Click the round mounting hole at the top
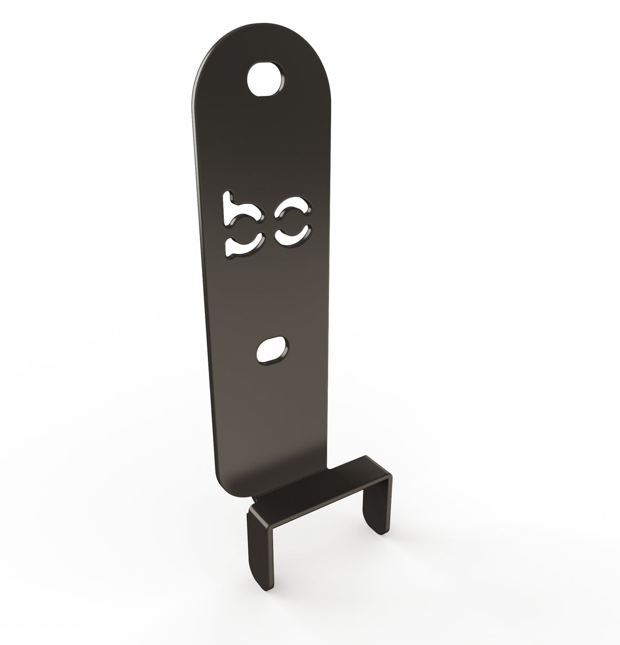(265, 78)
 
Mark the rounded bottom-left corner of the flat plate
(224, 488)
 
